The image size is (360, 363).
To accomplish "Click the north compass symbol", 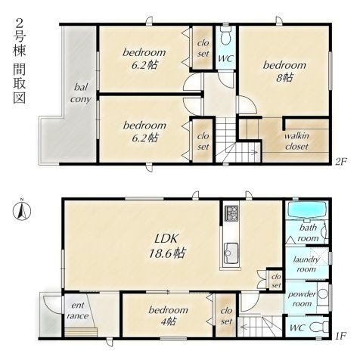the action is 22,209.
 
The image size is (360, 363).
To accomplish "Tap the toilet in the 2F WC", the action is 225,35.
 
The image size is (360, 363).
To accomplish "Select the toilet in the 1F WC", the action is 318,327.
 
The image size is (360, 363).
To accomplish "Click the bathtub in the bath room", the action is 307,209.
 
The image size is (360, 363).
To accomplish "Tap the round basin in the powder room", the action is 322,294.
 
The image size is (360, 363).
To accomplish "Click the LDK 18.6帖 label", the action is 167,246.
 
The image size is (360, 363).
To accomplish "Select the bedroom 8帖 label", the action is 284,71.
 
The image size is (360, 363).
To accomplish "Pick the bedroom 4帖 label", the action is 168,315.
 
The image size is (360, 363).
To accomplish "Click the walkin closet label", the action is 296,141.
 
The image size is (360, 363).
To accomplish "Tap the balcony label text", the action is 81,93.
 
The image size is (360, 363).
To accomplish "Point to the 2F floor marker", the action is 341,161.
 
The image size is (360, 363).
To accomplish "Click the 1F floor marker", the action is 341,335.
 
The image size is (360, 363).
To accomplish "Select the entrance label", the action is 78,311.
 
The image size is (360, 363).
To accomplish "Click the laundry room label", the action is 306,264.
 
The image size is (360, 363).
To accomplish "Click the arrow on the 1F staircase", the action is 251,327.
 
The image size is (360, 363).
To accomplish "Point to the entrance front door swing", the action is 52,305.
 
